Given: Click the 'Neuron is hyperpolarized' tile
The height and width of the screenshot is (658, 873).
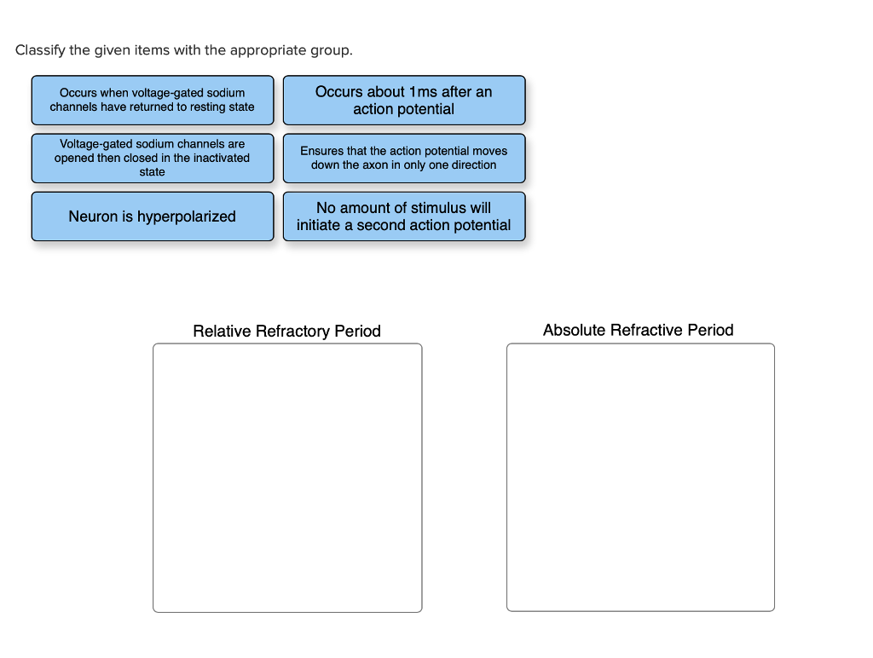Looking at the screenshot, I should pyautogui.click(x=152, y=216).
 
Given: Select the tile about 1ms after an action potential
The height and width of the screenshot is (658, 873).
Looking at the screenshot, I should pyautogui.click(x=403, y=101).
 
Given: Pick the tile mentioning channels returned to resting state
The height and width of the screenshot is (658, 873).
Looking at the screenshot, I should pyautogui.click(x=152, y=101).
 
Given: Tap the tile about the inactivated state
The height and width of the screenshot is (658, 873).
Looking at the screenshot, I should pyautogui.click(x=152, y=159).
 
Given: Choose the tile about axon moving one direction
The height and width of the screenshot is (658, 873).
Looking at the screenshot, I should pyautogui.click(x=403, y=159).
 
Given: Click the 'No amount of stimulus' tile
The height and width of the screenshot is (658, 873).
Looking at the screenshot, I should pyautogui.click(x=403, y=216).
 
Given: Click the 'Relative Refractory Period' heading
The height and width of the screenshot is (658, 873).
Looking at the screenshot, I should pyautogui.click(x=286, y=331).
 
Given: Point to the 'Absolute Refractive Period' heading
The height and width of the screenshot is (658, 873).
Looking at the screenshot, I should pyautogui.click(x=638, y=330).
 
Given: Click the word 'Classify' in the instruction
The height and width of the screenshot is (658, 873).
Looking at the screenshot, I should pyautogui.click(x=40, y=50).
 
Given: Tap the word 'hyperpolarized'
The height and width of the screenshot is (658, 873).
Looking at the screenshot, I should pyautogui.click(x=187, y=216).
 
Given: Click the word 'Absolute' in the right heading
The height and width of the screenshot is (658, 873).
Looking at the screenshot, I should pyautogui.click(x=575, y=330).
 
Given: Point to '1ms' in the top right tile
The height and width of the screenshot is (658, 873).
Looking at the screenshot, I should pyautogui.click(x=423, y=92).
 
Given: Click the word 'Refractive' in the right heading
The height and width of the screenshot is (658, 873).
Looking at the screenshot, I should pyautogui.click(x=648, y=330).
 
